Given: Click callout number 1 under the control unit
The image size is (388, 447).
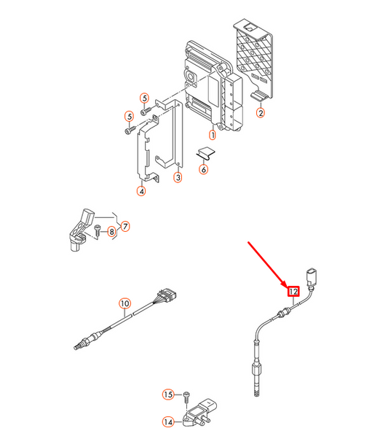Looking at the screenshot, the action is pyautogui.click(x=213, y=135).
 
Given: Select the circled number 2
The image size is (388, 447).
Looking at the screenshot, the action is pyautogui.click(x=261, y=112).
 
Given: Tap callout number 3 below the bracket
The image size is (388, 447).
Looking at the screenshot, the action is pyautogui.click(x=178, y=178).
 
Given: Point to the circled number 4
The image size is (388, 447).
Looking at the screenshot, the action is pyautogui.click(x=141, y=191).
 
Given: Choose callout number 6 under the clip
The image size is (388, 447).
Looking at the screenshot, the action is pyautogui.click(x=204, y=170).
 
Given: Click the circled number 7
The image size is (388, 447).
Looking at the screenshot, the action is pyautogui.click(x=125, y=226).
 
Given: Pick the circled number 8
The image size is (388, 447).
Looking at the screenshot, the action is pyautogui.click(x=112, y=231).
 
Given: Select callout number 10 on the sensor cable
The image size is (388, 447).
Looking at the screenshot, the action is pyautogui.click(x=125, y=303).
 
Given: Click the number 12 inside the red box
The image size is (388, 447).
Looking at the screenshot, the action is pyautogui.click(x=293, y=292).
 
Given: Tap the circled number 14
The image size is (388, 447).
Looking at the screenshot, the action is pyautogui.click(x=168, y=421).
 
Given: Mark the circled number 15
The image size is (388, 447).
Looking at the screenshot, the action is pyautogui.click(x=168, y=394).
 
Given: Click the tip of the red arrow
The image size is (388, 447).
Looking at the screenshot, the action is pyautogui.click(x=287, y=287).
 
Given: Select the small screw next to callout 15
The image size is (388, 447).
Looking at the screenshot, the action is pyautogui.click(x=186, y=397).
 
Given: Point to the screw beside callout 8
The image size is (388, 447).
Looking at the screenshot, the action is pyautogui.click(x=98, y=230).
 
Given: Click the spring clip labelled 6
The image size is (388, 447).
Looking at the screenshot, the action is pyautogui.click(x=206, y=153).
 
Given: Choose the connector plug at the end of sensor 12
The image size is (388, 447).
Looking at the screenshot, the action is pyautogui.click(x=312, y=277).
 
